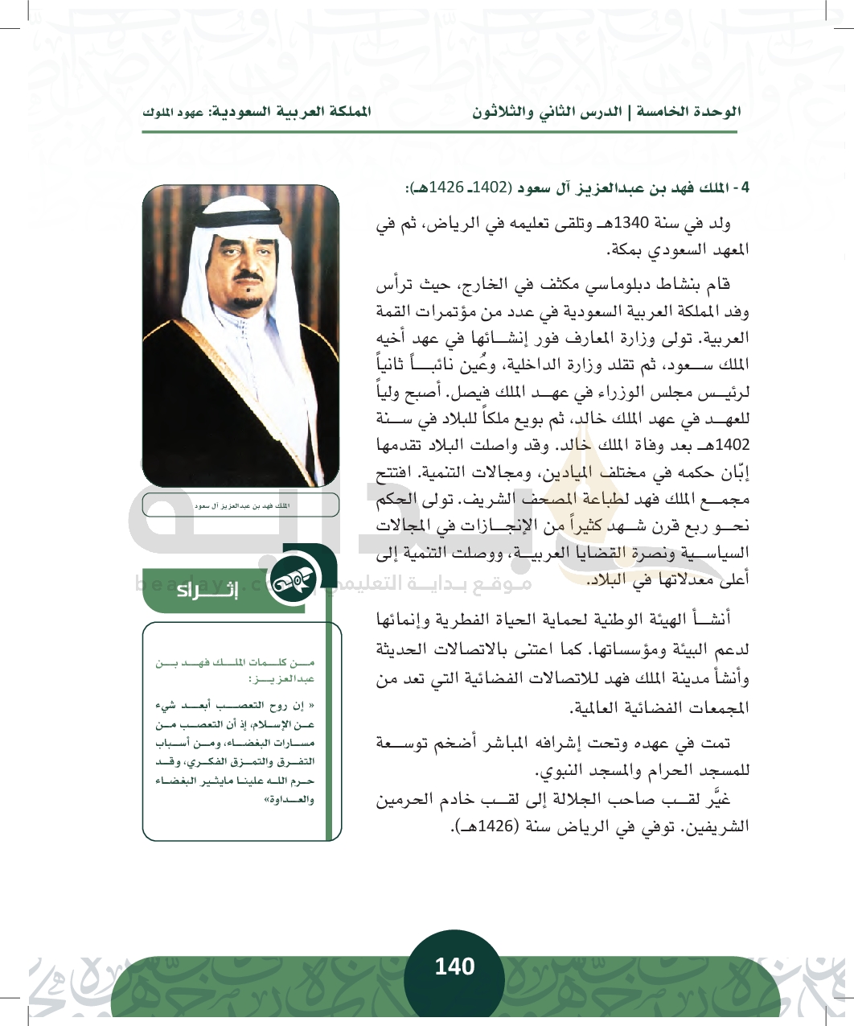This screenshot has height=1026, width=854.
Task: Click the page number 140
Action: pos(454,966)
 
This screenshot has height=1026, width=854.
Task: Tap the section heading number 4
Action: pos(745,188)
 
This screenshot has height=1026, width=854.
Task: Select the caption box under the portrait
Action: pos(240,505)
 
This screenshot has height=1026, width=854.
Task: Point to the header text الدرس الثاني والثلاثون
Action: pos(547,113)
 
